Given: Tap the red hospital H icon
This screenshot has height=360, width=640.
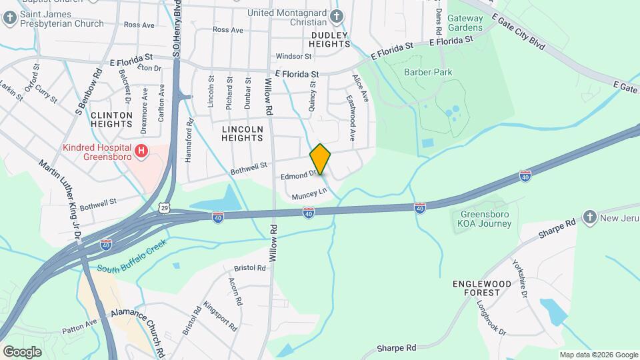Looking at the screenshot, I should tap(141, 152).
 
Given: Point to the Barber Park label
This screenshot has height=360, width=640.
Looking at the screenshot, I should tap(428, 72).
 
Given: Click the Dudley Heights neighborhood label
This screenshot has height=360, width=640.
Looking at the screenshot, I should tap(330, 39).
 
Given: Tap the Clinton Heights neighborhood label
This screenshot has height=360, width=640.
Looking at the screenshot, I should tap(112, 119).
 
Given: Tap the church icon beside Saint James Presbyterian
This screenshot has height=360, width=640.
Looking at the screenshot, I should tap(10, 19).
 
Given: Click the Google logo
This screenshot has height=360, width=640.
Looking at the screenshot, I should tap(22, 351).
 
